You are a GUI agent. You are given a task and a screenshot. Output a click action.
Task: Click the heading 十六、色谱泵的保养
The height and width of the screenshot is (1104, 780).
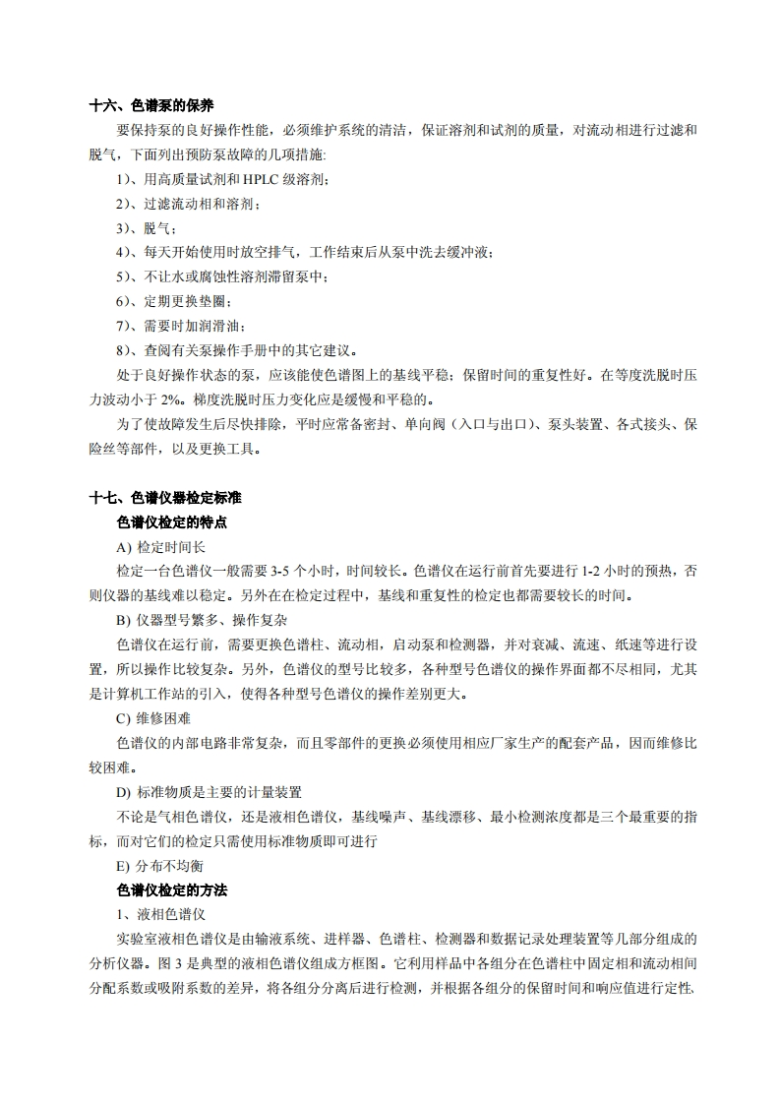pos(151,105)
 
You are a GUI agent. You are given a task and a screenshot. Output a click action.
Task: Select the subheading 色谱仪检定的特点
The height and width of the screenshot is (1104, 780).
pos(172,521)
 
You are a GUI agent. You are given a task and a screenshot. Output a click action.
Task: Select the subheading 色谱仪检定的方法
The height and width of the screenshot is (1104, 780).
pos(172,889)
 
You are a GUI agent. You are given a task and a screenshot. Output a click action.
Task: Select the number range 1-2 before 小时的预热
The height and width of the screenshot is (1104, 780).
pos(593,571)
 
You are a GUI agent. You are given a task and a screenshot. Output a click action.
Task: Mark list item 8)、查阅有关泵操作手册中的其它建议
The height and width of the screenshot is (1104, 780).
pos(236,350)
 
